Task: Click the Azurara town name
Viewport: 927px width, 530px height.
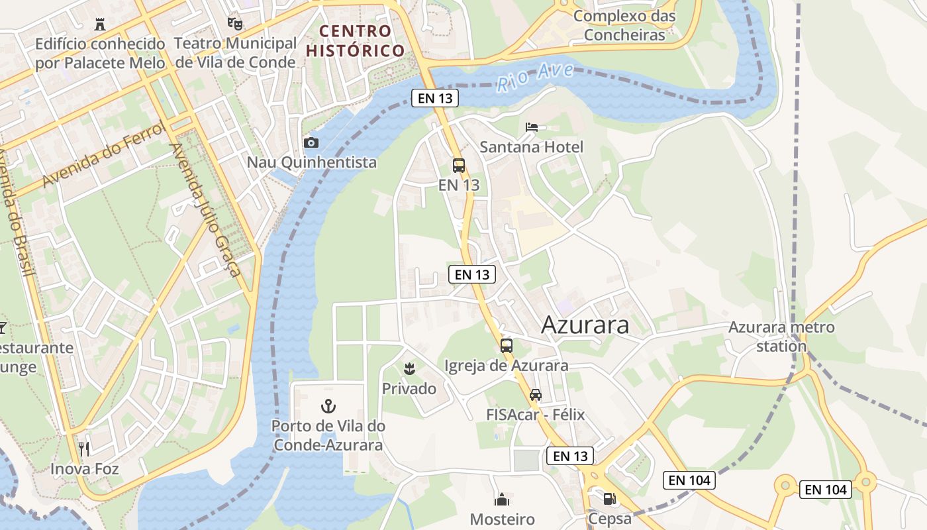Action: click(585, 325)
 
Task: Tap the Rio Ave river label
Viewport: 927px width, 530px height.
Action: click(535, 77)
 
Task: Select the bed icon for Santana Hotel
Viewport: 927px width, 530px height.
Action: click(532, 127)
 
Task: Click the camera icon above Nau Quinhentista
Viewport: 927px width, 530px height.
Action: click(311, 142)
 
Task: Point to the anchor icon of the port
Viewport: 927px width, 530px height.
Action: click(328, 405)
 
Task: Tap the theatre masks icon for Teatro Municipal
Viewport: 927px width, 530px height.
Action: click(234, 24)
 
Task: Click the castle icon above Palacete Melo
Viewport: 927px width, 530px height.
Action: click(100, 25)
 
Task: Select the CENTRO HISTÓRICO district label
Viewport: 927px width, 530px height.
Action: click(355, 40)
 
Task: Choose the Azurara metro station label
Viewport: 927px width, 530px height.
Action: click(781, 336)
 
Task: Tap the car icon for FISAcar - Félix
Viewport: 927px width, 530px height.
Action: click(535, 395)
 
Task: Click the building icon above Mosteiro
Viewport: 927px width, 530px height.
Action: click(503, 499)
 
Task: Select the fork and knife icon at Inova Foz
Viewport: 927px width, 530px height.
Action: click(84, 449)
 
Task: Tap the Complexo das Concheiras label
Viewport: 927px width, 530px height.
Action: click(624, 25)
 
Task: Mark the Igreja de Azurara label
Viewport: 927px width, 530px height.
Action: click(506, 365)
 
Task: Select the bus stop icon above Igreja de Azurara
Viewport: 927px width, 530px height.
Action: click(507, 345)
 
